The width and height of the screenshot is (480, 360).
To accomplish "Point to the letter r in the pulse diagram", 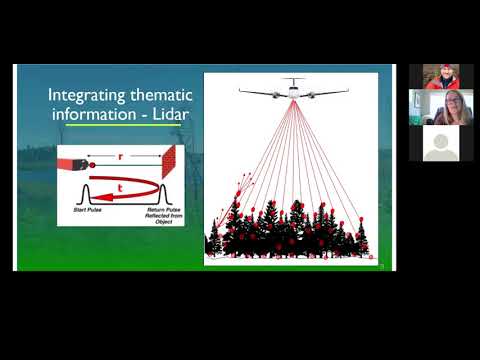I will pyautogui.click(x=120, y=156).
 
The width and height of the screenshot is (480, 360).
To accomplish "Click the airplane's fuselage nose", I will pyautogui.click(x=293, y=92).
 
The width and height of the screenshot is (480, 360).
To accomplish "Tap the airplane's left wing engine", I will pyautogui.click(x=269, y=92).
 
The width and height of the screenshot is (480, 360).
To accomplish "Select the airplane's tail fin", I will pyautogui.click(x=293, y=79).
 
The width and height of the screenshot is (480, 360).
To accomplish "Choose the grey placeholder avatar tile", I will pyautogui.click(x=440, y=142).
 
